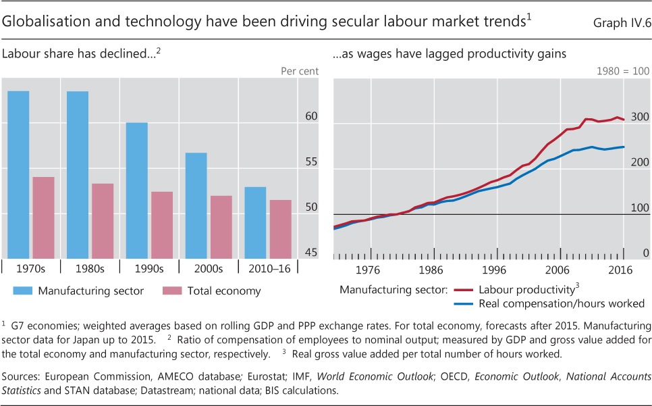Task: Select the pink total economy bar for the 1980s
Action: (103, 220)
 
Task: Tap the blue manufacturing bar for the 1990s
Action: (137, 190)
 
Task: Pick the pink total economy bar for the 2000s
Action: (221, 226)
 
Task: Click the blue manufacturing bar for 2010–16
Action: (255, 222)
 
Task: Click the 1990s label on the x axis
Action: (149, 268)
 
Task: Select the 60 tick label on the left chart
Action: (292, 116)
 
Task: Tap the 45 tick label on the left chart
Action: (292, 253)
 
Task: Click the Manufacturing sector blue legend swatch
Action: (22, 291)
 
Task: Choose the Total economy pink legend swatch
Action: (173, 291)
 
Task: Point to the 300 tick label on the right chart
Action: (640, 116)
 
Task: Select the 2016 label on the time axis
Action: (620, 270)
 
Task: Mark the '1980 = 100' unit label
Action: (623, 71)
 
